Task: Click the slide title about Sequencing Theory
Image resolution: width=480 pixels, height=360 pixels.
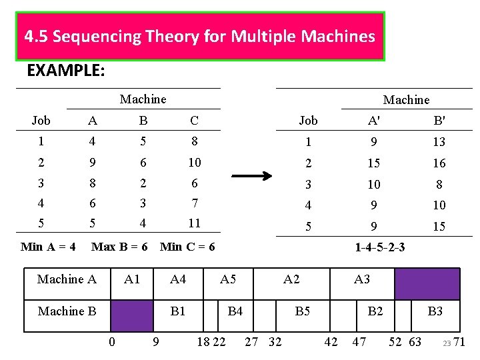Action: click(x=199, y=36)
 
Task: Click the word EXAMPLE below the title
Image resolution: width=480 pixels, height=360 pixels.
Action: click(x=65, y=71)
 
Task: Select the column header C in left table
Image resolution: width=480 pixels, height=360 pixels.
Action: click(x=194, y=121)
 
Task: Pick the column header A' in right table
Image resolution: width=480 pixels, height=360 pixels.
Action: click(x=373, y=121)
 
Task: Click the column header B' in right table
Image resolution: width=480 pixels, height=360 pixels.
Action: click(x=439, y=121)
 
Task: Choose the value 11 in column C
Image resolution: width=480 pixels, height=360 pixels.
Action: click(x=194, y=223)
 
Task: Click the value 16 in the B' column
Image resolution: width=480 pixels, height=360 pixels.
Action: click(x=439, y=163)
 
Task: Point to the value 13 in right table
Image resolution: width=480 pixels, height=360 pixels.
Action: click(x=439, y=142)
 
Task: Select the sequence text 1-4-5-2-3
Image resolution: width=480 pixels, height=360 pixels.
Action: click(x=379, y=247)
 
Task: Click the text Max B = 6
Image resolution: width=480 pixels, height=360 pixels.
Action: click(x=119, y=247)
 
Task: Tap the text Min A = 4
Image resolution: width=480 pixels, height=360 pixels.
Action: click(x=48, y=247)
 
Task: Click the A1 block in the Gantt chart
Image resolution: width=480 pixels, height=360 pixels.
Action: click(x=132, y=279)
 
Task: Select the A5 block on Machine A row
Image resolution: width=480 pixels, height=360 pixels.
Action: click(x=228, y=279)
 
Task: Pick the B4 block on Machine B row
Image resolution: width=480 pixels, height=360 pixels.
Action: click(x=235, y=311)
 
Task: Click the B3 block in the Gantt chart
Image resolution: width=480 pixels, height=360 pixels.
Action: click(x=435, y=311)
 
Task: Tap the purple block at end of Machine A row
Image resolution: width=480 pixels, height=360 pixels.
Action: click(x=427, y=284)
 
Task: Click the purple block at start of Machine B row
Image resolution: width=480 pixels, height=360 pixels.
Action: click(x=131, y=315)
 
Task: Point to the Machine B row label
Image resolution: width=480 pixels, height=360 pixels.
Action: click(x=67, y=311)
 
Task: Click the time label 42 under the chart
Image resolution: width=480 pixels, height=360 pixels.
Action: click(x=331, y=342)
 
